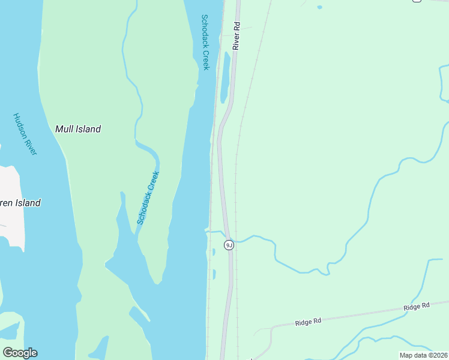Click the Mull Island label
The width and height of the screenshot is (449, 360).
[78, 128]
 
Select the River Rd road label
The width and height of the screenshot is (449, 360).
[237, 36]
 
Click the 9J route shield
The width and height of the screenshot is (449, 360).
[229, 245]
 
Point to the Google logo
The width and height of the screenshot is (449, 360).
[20, 353]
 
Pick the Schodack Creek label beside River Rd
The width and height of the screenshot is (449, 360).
[205, 42]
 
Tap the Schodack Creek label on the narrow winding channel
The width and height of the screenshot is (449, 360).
[148, 198]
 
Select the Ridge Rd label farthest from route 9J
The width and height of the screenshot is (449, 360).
[417, 307]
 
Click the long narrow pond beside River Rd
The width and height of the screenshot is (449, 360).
[225, 77]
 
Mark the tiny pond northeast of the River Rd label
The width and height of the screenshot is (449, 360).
[319, 7]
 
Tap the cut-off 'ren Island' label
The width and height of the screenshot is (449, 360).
[20, 203]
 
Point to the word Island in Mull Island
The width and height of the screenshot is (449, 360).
[88, 128]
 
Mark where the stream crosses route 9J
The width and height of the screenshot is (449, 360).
[228, 235]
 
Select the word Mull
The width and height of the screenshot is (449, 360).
[64, 128]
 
